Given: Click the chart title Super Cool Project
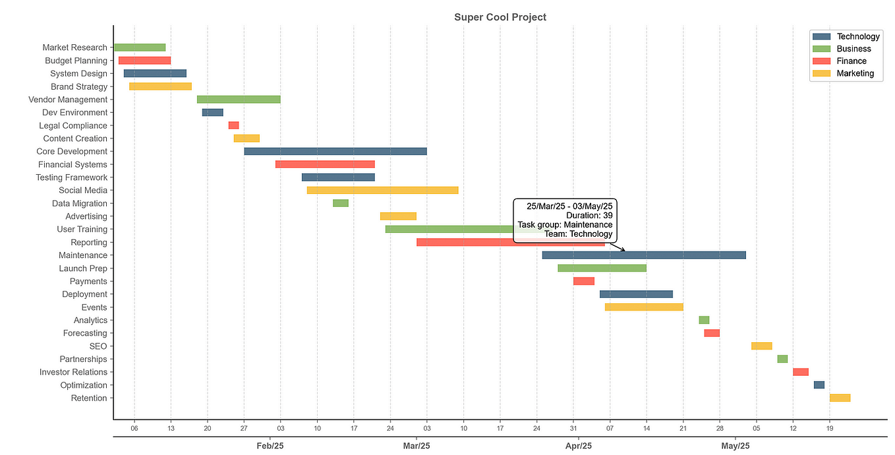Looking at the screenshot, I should [x=500, y=17].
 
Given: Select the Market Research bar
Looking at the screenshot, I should [x=140, y=47].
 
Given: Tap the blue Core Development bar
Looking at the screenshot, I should [x=335, y=151].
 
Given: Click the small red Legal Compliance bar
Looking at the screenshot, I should [x=233, y=125].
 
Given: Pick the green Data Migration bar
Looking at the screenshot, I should [x=340, y=203].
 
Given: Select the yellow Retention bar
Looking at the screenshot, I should [x=840, y=398].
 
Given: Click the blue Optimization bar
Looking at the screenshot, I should [x=819, y=385].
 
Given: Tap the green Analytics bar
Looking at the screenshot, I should [x=704, y=320].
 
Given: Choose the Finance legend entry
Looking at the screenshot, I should [x=852, y=61].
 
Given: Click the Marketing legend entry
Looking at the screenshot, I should [x=855, y=73].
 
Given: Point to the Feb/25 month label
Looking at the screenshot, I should [x=270, y=446].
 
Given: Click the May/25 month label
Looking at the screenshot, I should [x=736, y=446].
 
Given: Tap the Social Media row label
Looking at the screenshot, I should [x=83, y=191].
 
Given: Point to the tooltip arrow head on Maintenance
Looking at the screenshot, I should [x=624, y=251].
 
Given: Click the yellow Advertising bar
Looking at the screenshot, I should [x=398, y=216].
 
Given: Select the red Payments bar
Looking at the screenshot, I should [x=583, y=281].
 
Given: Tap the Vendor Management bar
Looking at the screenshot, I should [x=239, y=100].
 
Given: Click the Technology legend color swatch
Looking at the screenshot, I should [x=822, y=36].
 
